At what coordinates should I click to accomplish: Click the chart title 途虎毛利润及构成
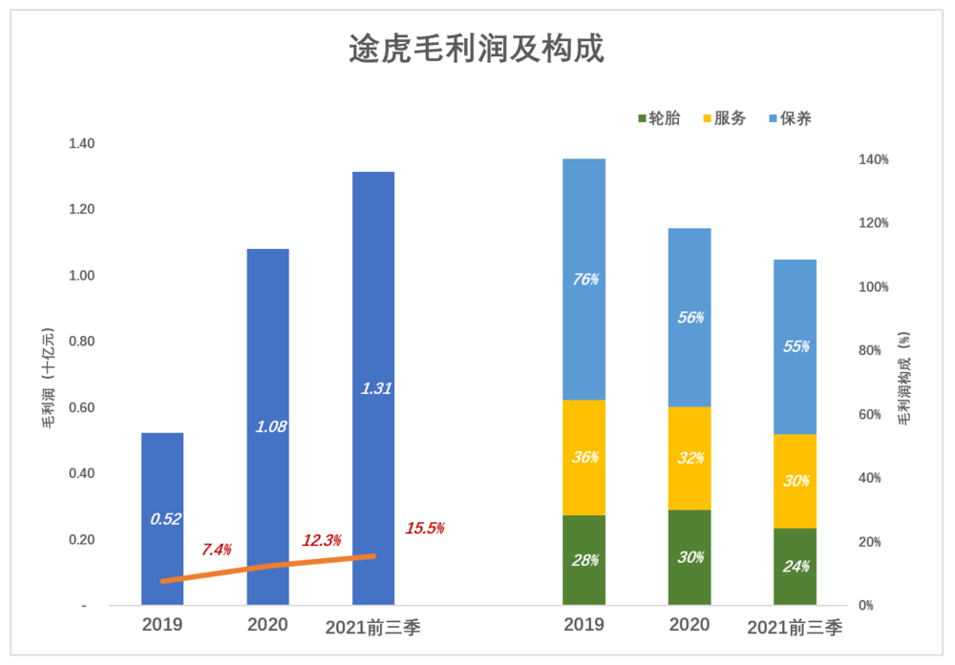477,49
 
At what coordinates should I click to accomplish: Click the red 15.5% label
424,528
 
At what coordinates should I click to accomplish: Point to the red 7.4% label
217,550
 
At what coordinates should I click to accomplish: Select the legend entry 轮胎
658,118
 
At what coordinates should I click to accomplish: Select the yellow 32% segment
690,458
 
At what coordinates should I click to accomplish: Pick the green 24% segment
796,567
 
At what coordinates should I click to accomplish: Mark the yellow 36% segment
584,457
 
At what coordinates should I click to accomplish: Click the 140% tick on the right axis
874,159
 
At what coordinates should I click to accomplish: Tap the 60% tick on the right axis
874,414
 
